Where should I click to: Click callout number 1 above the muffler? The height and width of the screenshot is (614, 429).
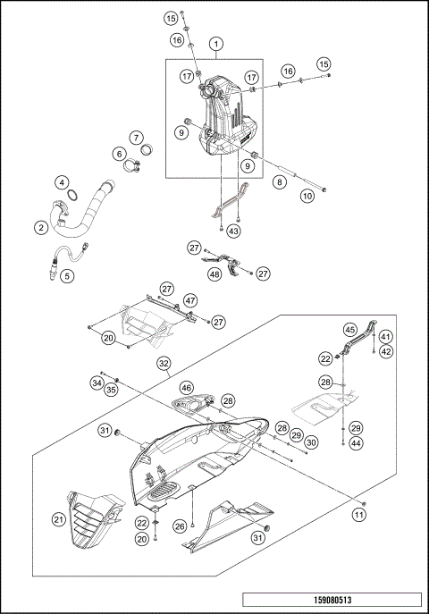point(215,43)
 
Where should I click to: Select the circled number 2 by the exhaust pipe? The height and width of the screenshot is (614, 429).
point(41,228)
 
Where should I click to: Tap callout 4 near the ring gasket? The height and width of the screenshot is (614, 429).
point(62,182)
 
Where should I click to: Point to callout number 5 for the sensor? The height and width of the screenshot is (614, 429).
point(66,275)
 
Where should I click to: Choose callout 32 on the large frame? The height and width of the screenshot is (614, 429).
point(164,364)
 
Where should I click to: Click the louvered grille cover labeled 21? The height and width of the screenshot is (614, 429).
point(90,523)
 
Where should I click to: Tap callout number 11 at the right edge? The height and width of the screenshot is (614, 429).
point(359,515)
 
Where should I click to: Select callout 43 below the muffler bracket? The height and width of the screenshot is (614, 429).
point(234,231)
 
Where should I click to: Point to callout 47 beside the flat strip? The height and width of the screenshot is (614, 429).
point(190,301)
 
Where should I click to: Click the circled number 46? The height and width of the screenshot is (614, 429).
point(186,387)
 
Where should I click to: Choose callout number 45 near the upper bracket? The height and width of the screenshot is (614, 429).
point(350,329)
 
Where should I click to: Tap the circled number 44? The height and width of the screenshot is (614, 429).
point(356,443)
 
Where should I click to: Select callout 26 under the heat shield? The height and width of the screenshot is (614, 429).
point(181,526)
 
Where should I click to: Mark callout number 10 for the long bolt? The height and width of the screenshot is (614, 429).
point(307,195)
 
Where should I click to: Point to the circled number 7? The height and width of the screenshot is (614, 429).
point(136,138)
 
